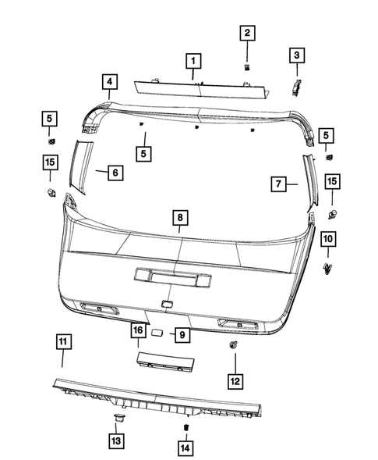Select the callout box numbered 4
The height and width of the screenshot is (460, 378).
pyautogui.click(x=109, y=81)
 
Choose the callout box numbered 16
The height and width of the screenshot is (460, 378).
pyautogui.click(x=137, y=332)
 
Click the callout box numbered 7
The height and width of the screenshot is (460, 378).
pyautogui.click(x=280, y=184)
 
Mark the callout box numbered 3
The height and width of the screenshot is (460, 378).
pyautogui.click(x=296, y=55)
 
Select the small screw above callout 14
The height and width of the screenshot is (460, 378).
pyautogui.click(x=186, y=427)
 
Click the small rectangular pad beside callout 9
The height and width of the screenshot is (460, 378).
pyautogui.click(x=156, y=333)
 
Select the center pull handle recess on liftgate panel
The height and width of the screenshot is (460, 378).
pyautogui.click(x=171, y=277)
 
